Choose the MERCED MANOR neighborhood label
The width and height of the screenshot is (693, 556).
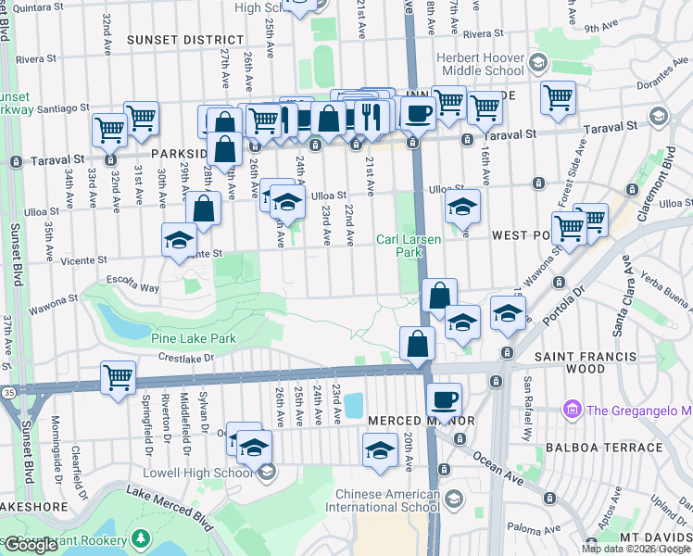click(407, 421)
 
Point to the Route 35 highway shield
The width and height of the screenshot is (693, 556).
click(8, 393)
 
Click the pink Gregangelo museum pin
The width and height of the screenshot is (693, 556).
click(571, 410)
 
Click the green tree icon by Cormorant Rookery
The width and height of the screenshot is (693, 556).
click(139, 539)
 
